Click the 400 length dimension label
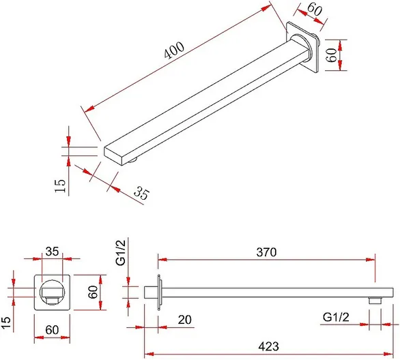pos(174,50)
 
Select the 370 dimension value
pos(266,252)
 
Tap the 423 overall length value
pos(269,346)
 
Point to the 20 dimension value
pos(185,320)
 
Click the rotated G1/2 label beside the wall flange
pos(122,253)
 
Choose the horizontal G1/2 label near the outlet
pos(336,318)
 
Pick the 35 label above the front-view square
pos(52,252)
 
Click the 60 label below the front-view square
pos(52,330)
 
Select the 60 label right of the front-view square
pos(93,292)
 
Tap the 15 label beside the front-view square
pos(6,323)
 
